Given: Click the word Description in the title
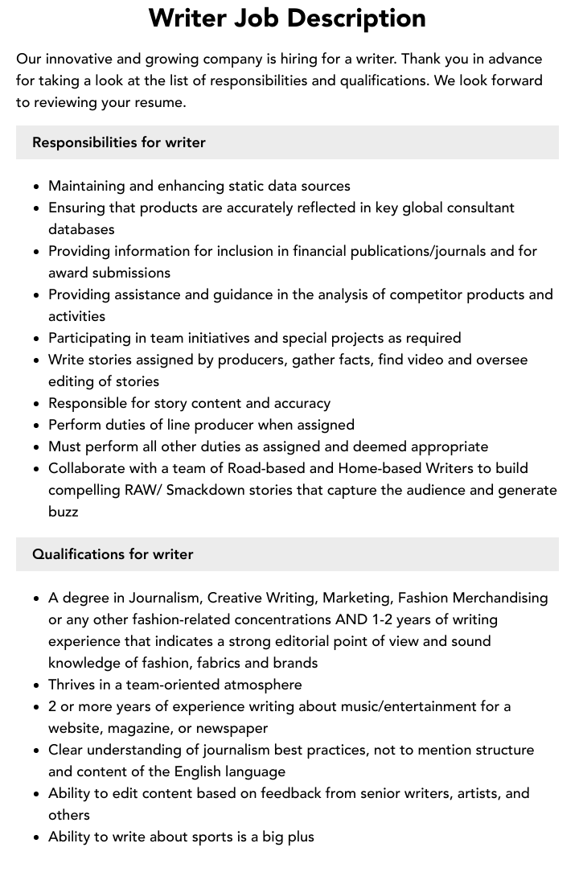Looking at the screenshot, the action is tap(356, 19).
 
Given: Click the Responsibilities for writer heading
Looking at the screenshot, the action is tap(119, 142).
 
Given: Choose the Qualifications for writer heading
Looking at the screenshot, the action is tap(113, 554).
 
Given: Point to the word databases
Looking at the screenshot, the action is tap(81, 229).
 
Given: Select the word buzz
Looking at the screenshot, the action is tap(64, 512).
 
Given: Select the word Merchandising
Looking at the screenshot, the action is tap(499, 598).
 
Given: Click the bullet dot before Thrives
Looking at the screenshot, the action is tap(37, 685).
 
